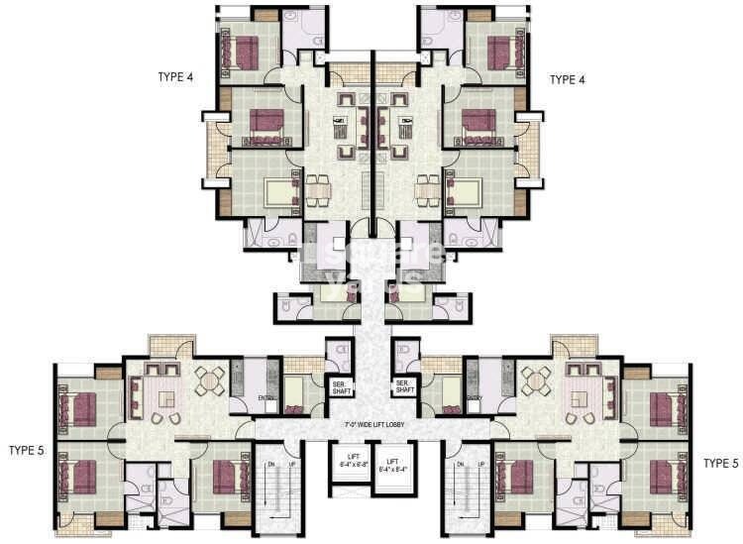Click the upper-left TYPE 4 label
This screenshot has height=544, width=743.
click(175, 76)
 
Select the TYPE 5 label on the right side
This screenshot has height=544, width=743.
click(719, 463)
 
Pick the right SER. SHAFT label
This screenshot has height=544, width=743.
click(404, 386)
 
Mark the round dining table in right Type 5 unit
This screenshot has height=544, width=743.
click(535, 378)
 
